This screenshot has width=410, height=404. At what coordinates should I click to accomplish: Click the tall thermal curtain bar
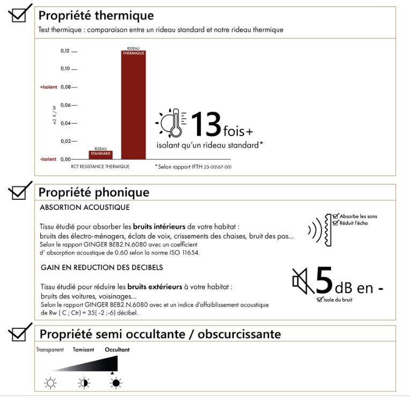coord(133,104)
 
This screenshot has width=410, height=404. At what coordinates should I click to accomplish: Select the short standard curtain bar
coord(100,155)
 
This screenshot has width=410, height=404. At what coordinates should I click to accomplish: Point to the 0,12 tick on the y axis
coord(65,51)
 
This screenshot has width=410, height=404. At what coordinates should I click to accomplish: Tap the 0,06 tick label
coord(65,105)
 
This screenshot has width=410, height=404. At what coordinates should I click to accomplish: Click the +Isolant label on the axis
coord(48,87)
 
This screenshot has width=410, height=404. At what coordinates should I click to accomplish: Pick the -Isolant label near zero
coord(48,159)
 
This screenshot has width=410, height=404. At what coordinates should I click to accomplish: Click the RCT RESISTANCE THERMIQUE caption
coord(100,167)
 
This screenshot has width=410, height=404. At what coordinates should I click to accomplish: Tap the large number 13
coord(206,124)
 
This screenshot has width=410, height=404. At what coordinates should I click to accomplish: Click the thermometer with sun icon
coord(171,123)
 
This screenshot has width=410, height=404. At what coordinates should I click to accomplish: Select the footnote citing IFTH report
coord(193,167)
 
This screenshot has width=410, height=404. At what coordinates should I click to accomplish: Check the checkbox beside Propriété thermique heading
coord(18,15)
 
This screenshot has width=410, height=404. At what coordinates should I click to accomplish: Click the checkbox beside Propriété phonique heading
coord(18,191)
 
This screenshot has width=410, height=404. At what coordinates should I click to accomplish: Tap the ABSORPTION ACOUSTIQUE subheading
coord(84,207)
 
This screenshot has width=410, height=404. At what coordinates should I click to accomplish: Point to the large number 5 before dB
coord(324,280)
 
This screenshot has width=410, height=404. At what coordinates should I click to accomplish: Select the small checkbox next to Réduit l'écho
coord(335,223)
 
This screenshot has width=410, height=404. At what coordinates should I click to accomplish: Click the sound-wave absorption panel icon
coord(320,230)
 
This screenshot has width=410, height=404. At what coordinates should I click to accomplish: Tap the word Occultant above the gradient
coord(117,349)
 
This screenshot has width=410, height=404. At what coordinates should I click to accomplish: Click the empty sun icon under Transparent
coord(50,383)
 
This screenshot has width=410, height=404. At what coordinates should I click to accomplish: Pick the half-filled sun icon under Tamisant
coord(84,383)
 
